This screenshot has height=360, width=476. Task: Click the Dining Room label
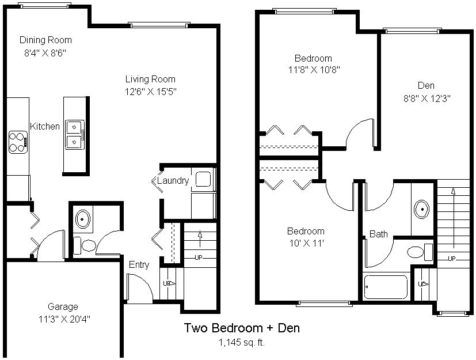pos(45,40)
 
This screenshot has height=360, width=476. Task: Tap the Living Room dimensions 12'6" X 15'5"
pos(151,92)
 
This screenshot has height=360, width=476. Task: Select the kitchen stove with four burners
pos(18,142)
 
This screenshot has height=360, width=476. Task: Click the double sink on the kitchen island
pos(74,135)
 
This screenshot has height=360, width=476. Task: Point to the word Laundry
pos(173,181)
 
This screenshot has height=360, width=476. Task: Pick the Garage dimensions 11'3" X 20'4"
pos(64,319)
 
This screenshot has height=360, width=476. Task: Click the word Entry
pos(139,264)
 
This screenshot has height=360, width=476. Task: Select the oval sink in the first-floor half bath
pos(82,219)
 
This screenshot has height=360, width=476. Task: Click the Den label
pos(427,85)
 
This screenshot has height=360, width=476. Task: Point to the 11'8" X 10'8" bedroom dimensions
pos(314,70)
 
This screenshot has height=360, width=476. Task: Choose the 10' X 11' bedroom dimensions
pos(307,243)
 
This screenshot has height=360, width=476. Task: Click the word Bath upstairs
pos(379,234)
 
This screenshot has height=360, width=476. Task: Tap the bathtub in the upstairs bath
pos(386,287)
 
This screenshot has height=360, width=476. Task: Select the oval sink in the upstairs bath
pos(422,209)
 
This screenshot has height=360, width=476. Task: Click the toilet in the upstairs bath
pos(420,252)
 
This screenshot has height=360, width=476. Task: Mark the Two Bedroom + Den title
pos(242,328)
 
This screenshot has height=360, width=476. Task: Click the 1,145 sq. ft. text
pos(242,343)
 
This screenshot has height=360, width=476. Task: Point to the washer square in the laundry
pos(203,179)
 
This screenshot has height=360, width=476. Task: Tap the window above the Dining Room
pos(45,5)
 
